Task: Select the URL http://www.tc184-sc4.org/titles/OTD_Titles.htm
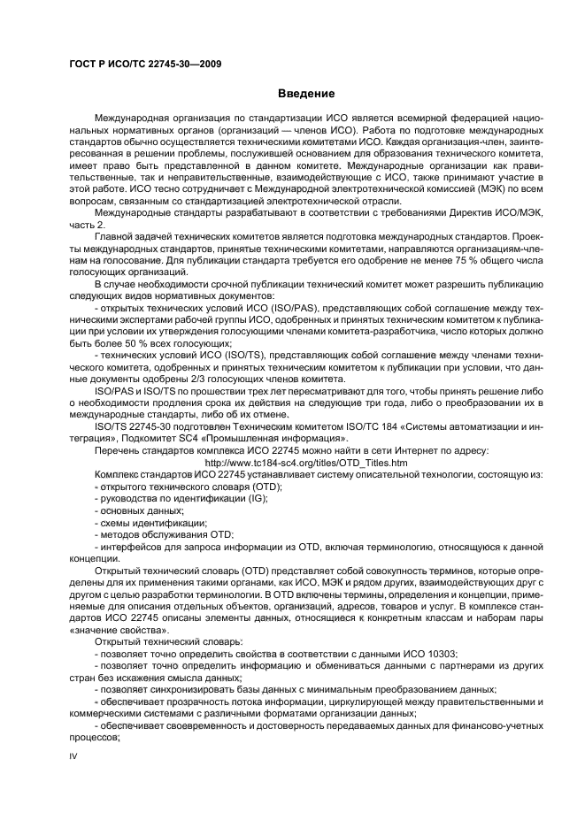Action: (x=305, y=463)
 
